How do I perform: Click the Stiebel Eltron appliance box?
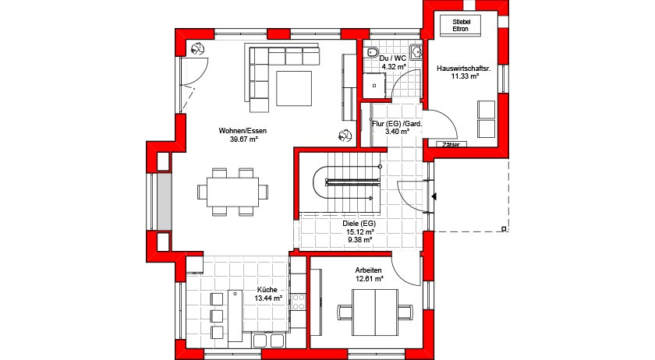(460, 26)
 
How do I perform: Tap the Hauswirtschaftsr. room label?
(464, 69)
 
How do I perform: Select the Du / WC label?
(393, 58)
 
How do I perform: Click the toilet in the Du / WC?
(371, 51)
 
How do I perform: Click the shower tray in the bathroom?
(374, 86)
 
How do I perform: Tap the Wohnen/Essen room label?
(243, 131)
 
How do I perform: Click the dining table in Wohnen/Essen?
(232, 192)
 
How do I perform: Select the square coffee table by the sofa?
(294, 88)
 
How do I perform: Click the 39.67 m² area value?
(243, 139)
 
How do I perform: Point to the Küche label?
(267, 289)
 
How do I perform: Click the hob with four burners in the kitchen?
(299, 302)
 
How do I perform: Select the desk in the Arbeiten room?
(375, 312)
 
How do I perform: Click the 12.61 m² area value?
(370, 278)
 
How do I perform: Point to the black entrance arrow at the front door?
(434, 196)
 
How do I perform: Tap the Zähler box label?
(451, 144)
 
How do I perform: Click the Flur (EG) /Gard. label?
(397, 124)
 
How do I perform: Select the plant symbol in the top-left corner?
(197, 49)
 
